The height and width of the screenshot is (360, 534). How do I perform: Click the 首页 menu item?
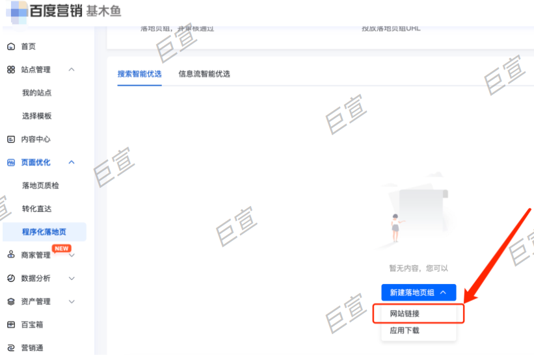28,47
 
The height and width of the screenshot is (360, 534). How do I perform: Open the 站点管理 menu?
36,70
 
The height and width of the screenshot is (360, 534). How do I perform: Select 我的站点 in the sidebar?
36,93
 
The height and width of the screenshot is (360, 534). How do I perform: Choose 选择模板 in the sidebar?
36,116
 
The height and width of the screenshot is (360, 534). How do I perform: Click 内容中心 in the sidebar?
35,139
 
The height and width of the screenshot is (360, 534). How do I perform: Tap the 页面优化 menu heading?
35,162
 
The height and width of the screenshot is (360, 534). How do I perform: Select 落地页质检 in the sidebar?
40,186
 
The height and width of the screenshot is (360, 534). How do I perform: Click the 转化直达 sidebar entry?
36,209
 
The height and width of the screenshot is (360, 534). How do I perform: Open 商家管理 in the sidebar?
35,255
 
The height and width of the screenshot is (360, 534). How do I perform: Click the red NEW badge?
62,248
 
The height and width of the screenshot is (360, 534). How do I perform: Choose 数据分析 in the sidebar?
35,278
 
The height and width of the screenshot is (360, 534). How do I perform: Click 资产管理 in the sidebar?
35,302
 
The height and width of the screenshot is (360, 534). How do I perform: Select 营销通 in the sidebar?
32,348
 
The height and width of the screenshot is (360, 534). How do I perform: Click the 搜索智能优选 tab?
139,74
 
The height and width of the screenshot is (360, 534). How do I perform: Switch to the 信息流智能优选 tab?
204,74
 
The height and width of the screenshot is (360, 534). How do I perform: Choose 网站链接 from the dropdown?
405,314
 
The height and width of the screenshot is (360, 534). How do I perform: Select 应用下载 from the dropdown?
405,331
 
